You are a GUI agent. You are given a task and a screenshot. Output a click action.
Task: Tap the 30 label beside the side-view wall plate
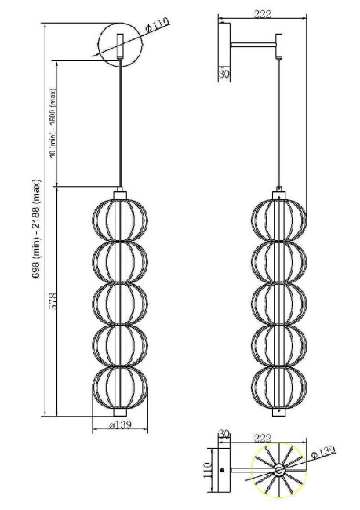pos(225,74)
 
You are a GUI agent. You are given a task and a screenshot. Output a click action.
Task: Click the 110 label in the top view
pos(209,469)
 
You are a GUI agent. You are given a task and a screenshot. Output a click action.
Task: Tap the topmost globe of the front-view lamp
pos(121,220)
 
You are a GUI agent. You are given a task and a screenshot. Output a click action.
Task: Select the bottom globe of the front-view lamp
pos(121,387)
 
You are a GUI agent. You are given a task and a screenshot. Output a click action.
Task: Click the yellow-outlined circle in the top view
pos(279,471)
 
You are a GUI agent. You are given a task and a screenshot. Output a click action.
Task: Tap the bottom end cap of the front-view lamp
pos(121,412)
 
